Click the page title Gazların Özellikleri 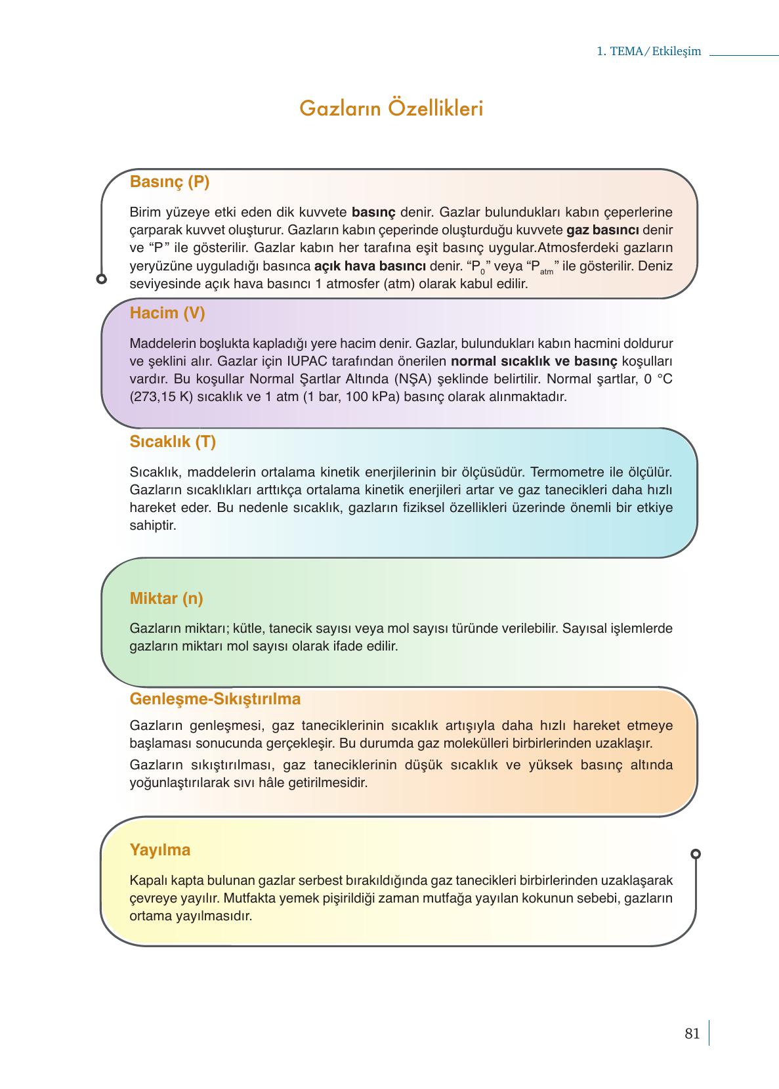point(391,108)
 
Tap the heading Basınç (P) point(169,182)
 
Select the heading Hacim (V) point(167,313)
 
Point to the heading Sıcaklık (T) point(173,442)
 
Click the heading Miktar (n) point(166,599)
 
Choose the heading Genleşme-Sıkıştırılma point(215,699)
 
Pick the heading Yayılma point(160,850)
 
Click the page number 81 point(692,1034)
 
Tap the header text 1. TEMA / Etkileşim point(648,52)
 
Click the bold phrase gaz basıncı point(602,230)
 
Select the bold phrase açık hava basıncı point(370,267)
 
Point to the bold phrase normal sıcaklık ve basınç point(534,362)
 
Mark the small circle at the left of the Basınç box point(101,279)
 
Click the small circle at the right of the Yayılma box point(696,854)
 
